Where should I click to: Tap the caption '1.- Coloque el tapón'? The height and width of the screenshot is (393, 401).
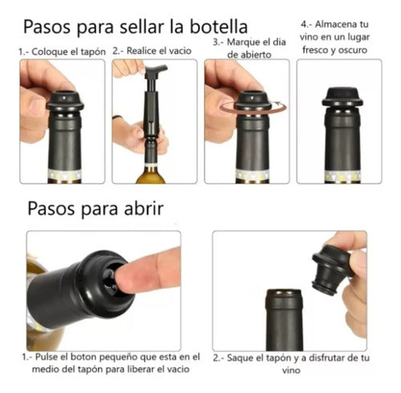(60, 51)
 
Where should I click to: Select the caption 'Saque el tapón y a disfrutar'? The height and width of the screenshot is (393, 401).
(290, 363)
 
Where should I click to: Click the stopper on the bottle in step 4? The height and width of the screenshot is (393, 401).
(342, 95)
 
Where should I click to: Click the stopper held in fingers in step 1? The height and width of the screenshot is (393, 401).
(64, 100)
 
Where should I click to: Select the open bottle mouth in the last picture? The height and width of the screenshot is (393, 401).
(283, 294)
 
